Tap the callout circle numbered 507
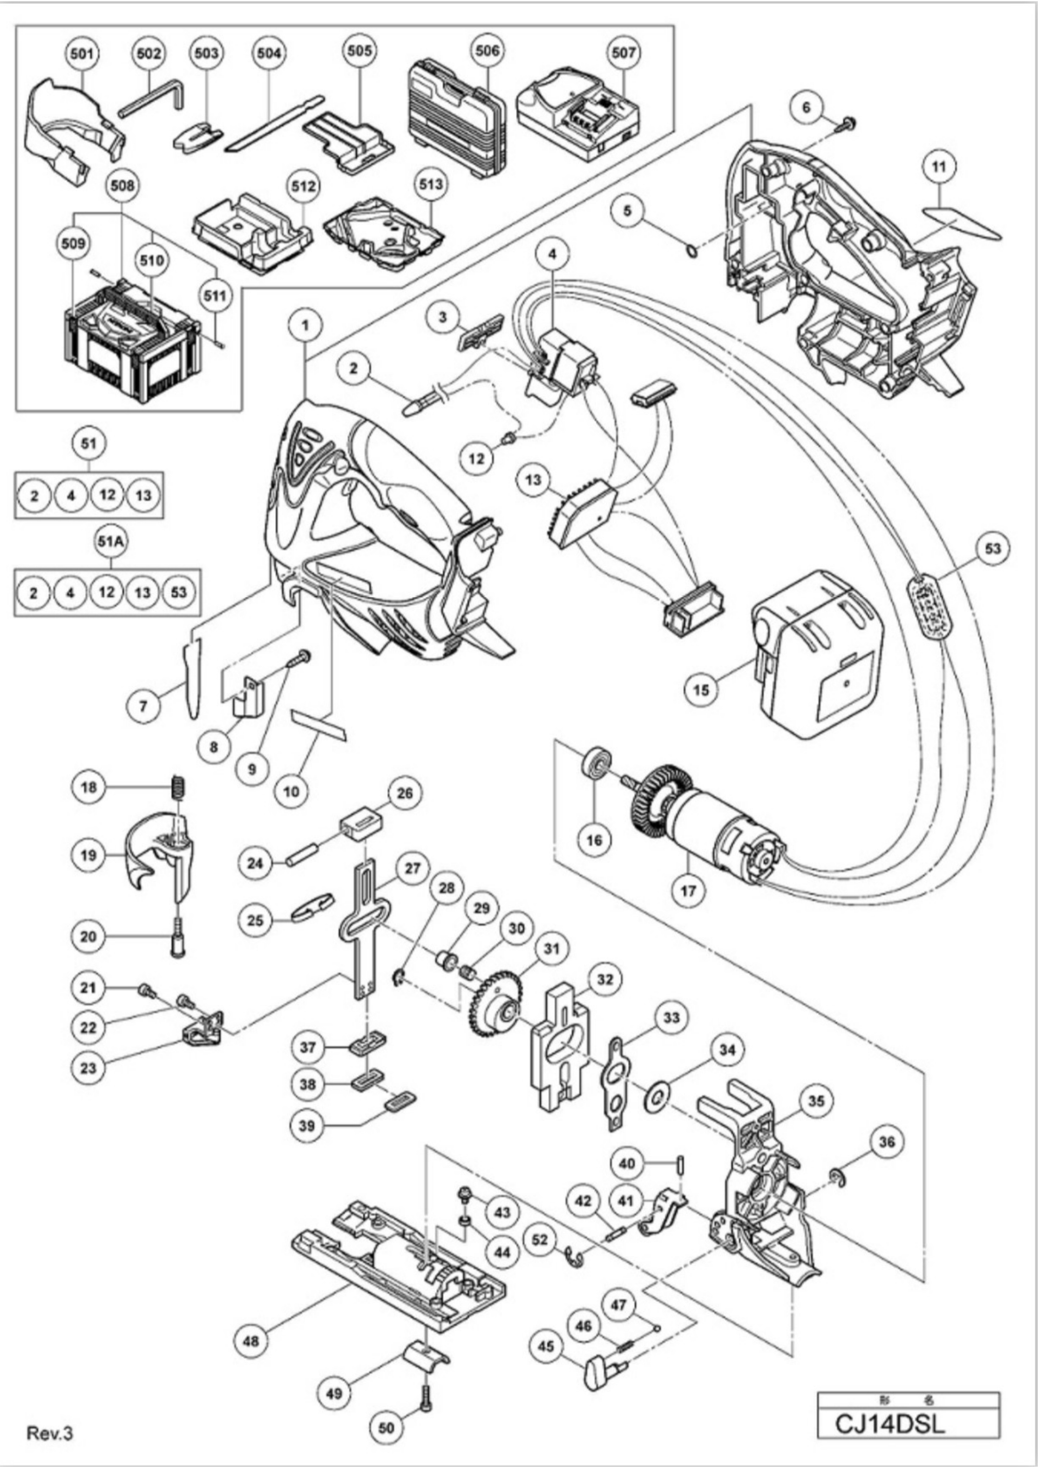623,52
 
